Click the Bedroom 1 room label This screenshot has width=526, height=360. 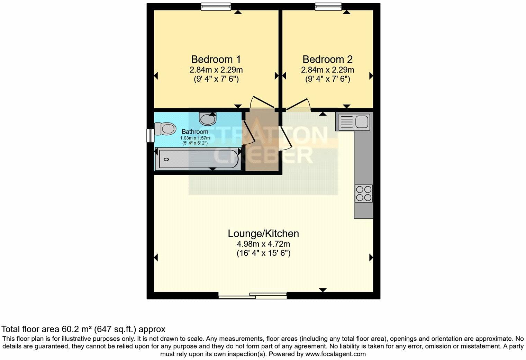(216, 59)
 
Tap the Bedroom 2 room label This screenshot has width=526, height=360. (327, 59)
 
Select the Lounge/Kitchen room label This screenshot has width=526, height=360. (263, 234)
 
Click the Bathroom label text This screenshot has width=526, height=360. (195, 132)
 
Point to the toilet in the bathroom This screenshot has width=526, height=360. (165, 129)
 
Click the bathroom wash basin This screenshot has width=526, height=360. (207, 119)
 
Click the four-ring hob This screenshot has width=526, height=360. (363, 193)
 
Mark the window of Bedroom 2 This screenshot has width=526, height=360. (328, 7)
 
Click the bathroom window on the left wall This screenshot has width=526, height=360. (150, 135)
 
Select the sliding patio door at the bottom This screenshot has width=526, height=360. (253, 296)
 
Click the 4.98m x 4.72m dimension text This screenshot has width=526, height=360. (263, 244)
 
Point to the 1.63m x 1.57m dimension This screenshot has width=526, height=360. (195, 138)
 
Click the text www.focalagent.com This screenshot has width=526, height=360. (335, 354)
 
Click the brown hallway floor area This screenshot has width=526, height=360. (262, 159)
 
